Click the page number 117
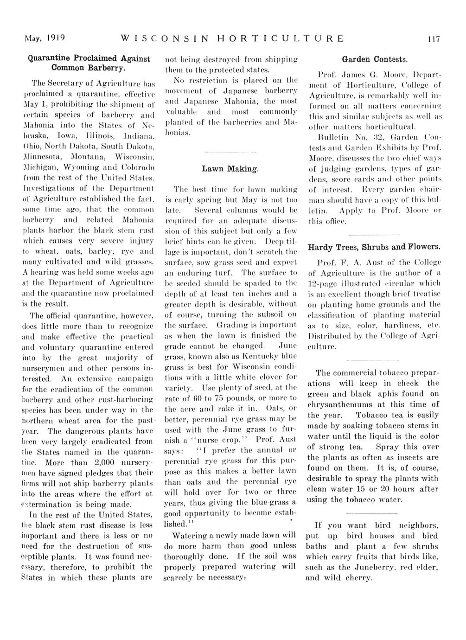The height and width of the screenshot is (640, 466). pyautogui.click(x=433, y=39)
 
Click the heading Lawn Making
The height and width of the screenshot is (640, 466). pyautogui.click(x=230, y=169)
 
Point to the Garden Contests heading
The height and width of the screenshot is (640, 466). pyautogui.click(x=375, y=59)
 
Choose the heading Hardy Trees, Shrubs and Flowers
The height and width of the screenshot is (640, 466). pyautogui.click(x=375, y=246)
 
